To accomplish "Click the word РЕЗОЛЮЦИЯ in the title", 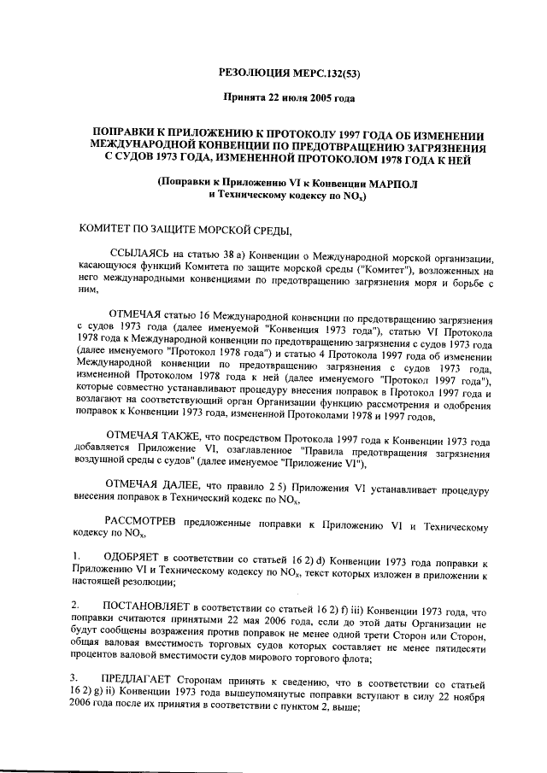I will click(x=256, y=73).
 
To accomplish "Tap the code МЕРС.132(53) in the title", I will click(x=327, y=73).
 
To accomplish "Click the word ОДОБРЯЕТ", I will click(x=132, y=557).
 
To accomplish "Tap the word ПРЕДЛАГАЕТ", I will click(x=142, y=676).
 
